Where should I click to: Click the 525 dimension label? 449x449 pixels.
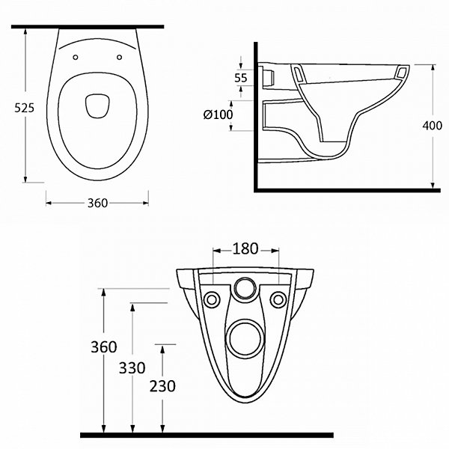click(x=25, y=108)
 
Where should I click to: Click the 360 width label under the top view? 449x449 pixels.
click(x=97, y=203)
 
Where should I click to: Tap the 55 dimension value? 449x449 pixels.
click(x=240, y=78)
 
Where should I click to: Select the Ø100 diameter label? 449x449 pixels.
click(x=219, y=114)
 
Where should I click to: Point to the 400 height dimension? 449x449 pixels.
click(x=432, y=126)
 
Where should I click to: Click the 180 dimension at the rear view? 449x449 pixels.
click(x=245, y=249)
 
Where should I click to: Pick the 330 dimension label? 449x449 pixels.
click(x=132, y=368)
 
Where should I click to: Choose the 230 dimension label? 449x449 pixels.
click(x=162, y=386)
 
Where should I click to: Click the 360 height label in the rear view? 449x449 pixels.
click(x=104, y=347)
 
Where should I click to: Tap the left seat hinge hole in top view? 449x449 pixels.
click(x=76, y=58)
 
